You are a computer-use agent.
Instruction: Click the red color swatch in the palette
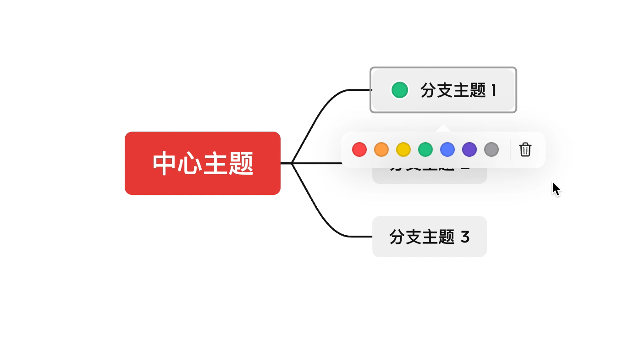(359, 149)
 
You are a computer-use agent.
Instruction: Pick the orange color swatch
(381, 149)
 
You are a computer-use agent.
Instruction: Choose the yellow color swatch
(403, 149)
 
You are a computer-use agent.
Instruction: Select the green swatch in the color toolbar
(425, 149)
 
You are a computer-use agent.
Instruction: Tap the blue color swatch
(447, 149)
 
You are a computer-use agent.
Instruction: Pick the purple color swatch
(469, 149)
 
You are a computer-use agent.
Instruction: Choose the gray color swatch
(491, 149)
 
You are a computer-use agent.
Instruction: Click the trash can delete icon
(525, 149)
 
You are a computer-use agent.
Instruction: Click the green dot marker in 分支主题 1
(400, 90)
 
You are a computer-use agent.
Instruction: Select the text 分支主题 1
(458, 90)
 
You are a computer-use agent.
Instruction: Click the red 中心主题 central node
(203, 163)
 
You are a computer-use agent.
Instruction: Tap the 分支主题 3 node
(429, 237)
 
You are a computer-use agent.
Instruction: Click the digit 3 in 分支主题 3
(465, 237)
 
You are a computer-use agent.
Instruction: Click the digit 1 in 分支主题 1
(494, 90)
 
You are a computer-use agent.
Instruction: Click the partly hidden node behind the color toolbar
(429, 176)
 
